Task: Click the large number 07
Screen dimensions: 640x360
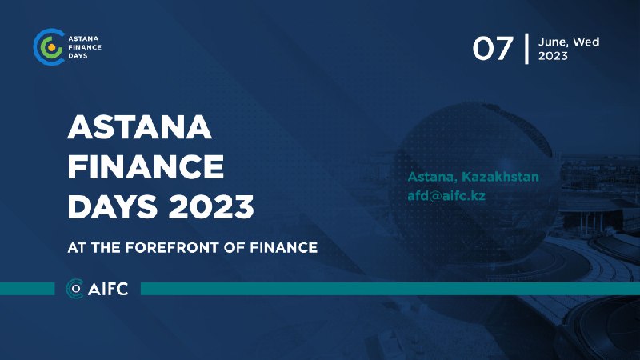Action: coord(492,49)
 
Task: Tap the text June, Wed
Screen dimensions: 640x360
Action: coord(569,42)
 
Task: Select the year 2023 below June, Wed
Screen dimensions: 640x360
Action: coord(553,55)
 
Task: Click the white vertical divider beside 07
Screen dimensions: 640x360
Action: coord(526,49)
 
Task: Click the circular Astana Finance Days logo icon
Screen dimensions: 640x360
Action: coord(49,47)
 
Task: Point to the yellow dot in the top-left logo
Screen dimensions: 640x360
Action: coord(51,47)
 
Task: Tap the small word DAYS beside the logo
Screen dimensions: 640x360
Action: coord(78,56)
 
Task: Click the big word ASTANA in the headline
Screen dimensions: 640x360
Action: coord(139,127)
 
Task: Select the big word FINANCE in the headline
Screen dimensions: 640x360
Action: coord(146,166)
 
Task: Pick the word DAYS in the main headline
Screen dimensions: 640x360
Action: coord(113,206)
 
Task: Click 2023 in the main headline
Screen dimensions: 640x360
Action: coord(211,206)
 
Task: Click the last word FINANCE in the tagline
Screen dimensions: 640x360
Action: coord(283,248)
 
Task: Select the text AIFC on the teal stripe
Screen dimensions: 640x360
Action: coord(108,289)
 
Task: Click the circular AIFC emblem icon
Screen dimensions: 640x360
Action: coord(74,289)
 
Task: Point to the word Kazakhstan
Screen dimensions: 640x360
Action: coord(500,177)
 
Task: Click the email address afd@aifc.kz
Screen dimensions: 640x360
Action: coord(446,195)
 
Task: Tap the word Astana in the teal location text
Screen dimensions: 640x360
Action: coord(432,177)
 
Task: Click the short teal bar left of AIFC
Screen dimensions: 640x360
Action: coord(27,289)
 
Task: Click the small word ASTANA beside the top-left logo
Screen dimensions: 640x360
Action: coord(83,38)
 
